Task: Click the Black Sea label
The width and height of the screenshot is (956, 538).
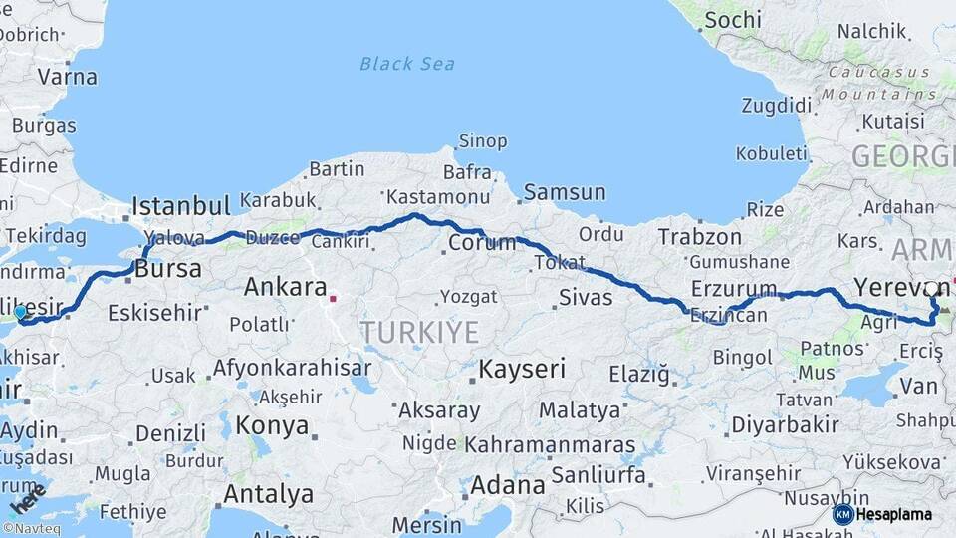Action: point(407,64)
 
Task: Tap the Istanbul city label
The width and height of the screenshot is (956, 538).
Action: point(181,206)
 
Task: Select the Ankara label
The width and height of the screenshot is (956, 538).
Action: point(285,288)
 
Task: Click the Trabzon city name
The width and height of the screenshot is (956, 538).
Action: point(699,237)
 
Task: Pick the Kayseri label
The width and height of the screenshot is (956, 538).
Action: point(522,369)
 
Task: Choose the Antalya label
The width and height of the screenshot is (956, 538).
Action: point(268,494)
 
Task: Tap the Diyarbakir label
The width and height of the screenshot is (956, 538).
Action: point(785,423)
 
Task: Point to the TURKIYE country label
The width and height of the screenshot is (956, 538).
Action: point(419,332)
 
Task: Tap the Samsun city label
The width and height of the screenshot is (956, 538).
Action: point(565,192)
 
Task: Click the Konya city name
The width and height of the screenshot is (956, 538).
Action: point(272,425)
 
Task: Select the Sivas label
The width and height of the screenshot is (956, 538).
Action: point(585,296)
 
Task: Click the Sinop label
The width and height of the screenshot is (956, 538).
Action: point(481,140)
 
